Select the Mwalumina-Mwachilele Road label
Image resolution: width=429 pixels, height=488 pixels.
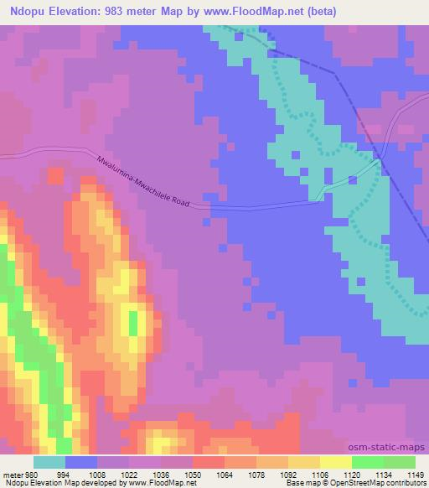click(143, 182)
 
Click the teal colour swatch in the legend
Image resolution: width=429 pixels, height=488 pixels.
click(49, 462)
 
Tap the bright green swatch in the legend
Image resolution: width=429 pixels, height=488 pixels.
click(367, 462)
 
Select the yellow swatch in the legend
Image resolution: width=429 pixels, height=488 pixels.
click(335, 462)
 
